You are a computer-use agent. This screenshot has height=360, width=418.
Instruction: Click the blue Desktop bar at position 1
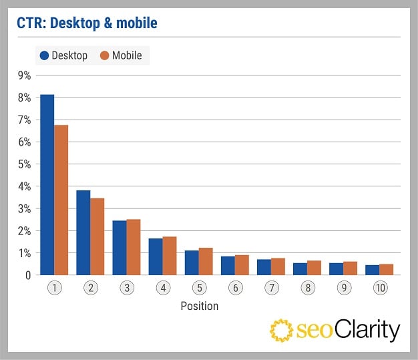pos(47,185)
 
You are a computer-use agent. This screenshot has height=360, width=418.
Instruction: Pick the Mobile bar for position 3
pos(133,247)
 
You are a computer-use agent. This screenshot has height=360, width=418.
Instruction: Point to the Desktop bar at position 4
pos(155,256)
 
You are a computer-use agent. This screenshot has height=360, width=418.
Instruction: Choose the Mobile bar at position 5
pos(205,262)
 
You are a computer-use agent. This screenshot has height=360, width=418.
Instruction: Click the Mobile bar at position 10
pos(385,270)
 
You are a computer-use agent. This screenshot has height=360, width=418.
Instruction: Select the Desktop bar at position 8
pos(299,269)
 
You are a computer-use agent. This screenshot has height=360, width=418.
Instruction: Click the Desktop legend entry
pos(64,55)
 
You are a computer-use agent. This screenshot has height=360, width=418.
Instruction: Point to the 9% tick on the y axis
pos(24,75)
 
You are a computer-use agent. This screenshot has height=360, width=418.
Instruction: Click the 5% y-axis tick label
pos(24,164)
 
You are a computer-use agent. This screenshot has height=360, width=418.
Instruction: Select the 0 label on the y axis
pos(28,275)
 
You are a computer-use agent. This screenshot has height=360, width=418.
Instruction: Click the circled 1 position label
pos(53,288)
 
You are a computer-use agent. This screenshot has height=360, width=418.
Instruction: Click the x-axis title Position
pos(199,306)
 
